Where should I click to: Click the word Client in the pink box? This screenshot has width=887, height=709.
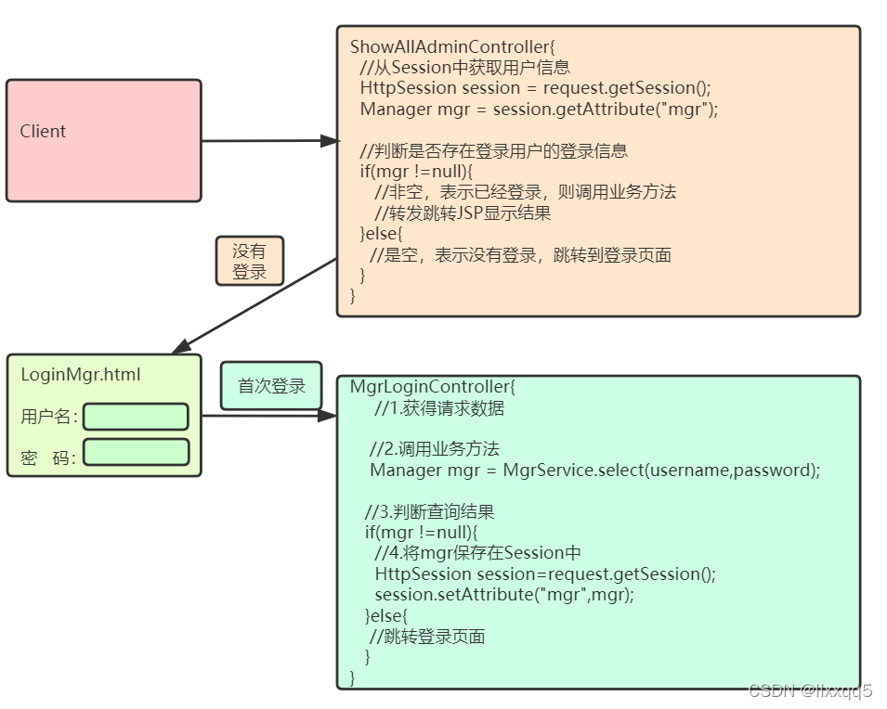pyautogui.click(x=43, y=132)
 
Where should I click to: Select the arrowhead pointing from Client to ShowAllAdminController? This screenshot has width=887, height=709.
pyautogui.click(x=329, y=141)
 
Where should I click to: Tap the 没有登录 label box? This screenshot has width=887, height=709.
pyautogui.click(x=249, y=261)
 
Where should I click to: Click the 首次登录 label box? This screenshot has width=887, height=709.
pyautogui.click(x=271, y=386)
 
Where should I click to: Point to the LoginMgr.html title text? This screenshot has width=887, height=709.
pyautogui.click(x=80, y=375)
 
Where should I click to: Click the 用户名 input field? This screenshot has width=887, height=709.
pyautogui.click(x=136, y=417)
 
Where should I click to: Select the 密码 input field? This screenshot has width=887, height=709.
pyautogui.click(x=136, y=452)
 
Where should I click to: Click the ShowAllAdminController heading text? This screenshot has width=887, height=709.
pyautogui.click(x=451, y=46)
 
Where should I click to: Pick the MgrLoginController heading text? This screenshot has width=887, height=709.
pyautogui.click(x=438, y=386)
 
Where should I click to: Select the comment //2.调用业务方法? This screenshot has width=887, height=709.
pyautogui.click(x=434, y=449)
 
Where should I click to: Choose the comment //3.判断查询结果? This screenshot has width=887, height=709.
pyautogui.click(x=429, y=511)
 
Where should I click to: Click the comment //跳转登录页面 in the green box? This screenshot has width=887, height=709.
pyautogui.click(x=427, y=637)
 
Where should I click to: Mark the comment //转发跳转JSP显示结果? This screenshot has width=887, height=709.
pyautogui.click(x=462, y=213)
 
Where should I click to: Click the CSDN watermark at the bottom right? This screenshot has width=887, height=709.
pyautogui.click(x=809, y=690)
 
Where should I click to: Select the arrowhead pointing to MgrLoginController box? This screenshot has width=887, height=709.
pyautogui.click(x=327, y=416)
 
